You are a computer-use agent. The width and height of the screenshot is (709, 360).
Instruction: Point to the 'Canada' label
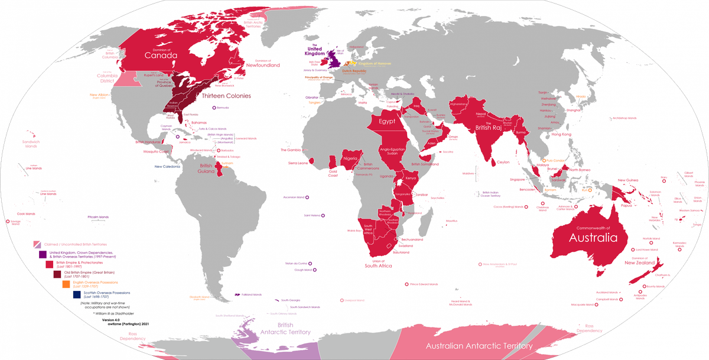[162, 56]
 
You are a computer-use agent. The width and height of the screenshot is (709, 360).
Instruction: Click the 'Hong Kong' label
[562, 135]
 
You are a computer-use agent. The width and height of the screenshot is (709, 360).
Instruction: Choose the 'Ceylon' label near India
[503, 162]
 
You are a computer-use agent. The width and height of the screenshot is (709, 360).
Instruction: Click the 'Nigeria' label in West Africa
[350, 159]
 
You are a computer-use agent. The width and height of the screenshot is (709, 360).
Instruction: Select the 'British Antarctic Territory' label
[285, 329]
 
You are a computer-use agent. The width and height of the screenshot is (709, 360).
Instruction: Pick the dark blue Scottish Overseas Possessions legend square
[77, 294]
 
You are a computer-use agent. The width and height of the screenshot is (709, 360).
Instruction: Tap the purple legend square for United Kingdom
[43, 254]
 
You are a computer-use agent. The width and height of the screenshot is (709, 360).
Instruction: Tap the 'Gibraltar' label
[311, 96]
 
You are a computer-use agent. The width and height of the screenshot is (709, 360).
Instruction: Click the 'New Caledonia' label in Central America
[167, 167]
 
